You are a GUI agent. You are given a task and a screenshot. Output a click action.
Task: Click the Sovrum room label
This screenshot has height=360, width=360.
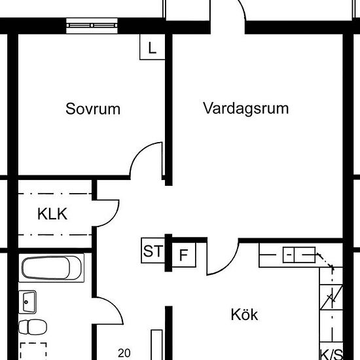pos(93,109)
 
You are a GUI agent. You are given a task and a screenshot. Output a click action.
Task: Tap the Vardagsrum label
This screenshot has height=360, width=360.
pos(245,108)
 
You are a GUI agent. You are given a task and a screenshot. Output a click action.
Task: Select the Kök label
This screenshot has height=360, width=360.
pos(244,314)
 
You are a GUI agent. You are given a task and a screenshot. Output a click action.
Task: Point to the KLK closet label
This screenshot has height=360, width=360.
pos(52,214)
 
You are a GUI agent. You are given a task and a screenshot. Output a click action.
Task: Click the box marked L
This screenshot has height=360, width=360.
pos(153,47)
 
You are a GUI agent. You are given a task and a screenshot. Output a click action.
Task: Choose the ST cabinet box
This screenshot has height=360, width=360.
pos(153,251)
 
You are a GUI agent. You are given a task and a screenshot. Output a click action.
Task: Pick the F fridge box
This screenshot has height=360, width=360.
pos(184,255)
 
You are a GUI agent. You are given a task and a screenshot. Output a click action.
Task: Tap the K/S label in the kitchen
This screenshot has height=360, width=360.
pos(331,354)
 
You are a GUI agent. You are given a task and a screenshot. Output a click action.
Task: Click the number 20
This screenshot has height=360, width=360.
pos(124,353)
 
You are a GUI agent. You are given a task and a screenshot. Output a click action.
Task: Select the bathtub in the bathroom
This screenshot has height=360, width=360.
pos(52,268)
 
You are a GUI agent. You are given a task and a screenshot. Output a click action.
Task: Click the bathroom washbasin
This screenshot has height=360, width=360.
pos(27,302)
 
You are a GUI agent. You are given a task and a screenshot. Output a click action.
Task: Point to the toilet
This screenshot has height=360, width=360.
pos(33,327)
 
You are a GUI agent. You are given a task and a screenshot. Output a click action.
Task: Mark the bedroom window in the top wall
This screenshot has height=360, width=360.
pos(92,26)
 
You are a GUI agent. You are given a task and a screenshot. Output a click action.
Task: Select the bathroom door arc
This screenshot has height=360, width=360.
pos(114,306)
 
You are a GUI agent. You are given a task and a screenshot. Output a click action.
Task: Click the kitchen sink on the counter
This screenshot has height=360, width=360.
pos(299,255)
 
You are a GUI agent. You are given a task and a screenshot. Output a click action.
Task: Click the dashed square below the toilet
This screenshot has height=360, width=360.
pos(33,351)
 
